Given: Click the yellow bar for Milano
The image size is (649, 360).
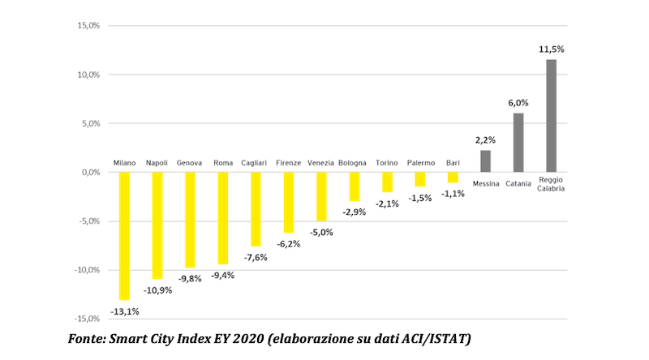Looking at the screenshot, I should tap(124, 235).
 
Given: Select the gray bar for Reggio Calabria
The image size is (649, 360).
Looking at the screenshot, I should tap(551, 115).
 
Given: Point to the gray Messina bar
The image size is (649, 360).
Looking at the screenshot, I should tap(485, 161).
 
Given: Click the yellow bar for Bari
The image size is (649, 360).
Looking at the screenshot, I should tap(453, 177).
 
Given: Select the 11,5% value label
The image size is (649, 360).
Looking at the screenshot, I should tap(551, 49).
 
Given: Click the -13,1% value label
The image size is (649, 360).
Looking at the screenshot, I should tap(124, 311).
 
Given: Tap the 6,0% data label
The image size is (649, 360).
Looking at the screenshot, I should tap(518, 103).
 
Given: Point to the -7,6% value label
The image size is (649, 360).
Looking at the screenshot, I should tap(256, 258).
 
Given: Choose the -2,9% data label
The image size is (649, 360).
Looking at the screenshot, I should tap(353, 212).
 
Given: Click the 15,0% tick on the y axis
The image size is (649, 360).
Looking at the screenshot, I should tap(87, 26).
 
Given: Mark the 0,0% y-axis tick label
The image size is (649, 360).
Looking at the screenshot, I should tap(88, 172).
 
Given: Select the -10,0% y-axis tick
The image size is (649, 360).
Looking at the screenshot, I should tap(85, 269).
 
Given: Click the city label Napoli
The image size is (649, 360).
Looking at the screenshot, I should tap(157, 162).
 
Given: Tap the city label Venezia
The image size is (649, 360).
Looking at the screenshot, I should tap(320, 162).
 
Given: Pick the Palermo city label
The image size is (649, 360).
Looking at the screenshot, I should tap(420, 162).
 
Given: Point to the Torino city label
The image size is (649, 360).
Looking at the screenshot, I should tap(386, 162).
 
